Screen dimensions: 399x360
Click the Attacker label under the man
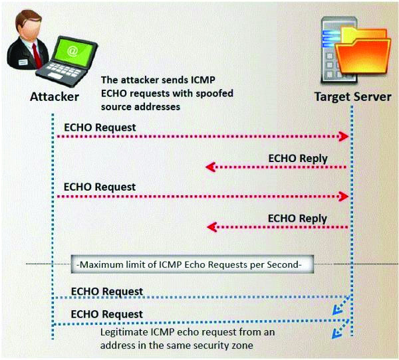pyautogui.click(x=55, y=97)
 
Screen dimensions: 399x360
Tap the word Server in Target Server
pyautogui.click(x=370, y=97)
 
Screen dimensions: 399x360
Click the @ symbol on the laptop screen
pyautogui.click(x=72, y=51)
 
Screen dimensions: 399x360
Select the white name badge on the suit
pyautogui.click(x=23, y=62)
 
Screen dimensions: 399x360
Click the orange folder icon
pyautogui.click(x=363, y=51)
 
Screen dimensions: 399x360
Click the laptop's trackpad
pyautogui.click(x=55, y=76)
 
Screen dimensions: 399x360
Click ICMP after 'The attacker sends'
pyautogui.click(x=203, y=80)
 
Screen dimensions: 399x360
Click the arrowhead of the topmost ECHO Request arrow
pyautogui.click(x=344, y=137)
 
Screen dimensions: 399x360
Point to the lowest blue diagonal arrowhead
pyautogui.click(x=336, y=334)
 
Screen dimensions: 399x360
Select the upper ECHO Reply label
pyautogui.click(x=298, y=159)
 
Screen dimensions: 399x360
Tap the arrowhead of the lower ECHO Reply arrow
pyautogui.click(x=211, y=226)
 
